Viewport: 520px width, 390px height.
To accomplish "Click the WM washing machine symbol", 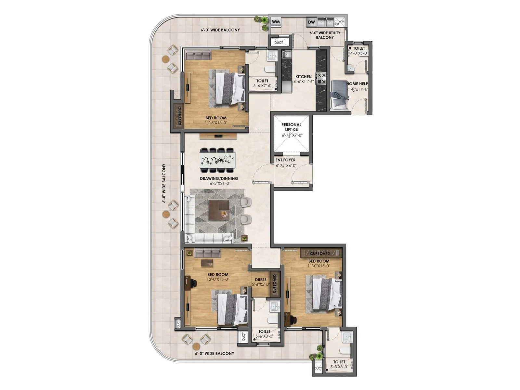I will pyautogui.click(x=276, y=22).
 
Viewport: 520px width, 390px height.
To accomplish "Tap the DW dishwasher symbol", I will pyautogui.click(x=311, y=22).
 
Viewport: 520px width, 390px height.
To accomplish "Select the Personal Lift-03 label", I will pyautogui.click(x=291, y=127).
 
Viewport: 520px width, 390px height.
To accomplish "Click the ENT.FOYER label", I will pyautogui.click(x=286, y=160).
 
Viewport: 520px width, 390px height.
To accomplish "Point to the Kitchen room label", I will pyautogui.click(x=303, y=77).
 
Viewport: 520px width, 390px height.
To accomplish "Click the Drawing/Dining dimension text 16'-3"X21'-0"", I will pyautogui.click(x=219, y=183).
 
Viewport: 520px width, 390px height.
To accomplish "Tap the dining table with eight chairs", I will pyautogui.click(x=217, y=160).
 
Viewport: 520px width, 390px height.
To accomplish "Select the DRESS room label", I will pyautogui.click(x=261, y=279).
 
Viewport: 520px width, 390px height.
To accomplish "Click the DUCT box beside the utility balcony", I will pyautogui.click(x=279, y=43).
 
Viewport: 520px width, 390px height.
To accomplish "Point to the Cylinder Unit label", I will pyautogui.click(x=339, y=23).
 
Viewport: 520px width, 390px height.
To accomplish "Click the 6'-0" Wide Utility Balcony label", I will pyautogui.click(x=325, y=35).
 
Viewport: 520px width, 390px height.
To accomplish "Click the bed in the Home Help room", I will pyautogui.click(x=338, y=96).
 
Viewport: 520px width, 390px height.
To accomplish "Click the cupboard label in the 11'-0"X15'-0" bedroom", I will pyautogui.click(x=320, y=253).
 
